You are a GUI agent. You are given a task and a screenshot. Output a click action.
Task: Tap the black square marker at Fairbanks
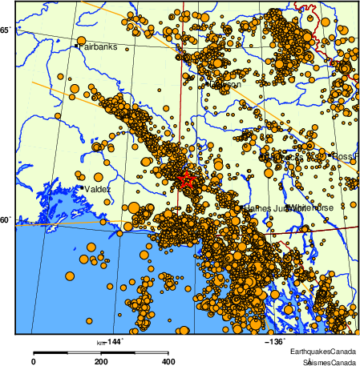coord(77,46)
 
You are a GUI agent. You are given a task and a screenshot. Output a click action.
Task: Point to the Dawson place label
coord(224,85)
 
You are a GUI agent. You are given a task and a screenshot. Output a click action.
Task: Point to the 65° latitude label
coord(6,30)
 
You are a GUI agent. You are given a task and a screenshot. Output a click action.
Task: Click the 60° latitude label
coord(6,219)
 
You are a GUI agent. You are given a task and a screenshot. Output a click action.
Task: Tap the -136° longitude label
coord(275,342)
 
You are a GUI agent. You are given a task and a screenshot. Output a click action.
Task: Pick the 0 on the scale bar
coord(33,362)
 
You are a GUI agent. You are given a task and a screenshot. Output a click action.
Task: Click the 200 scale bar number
coord(101,362)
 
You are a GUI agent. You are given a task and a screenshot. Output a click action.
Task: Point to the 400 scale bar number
coord(169,362)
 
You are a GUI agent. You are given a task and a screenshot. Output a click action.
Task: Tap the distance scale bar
coord(101,352)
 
